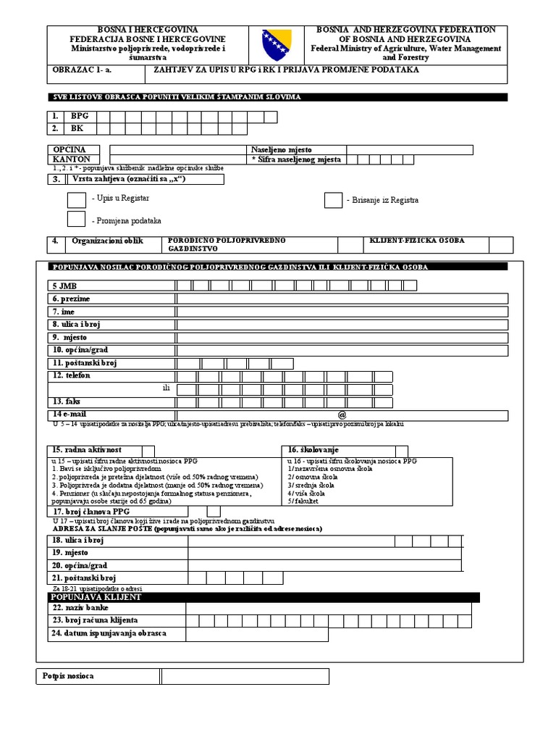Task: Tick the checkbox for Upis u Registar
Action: pyautogui.click(x=76, y=199)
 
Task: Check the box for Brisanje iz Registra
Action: pyautogui.click(x=333, y=200)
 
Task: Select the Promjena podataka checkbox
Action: pyautogui.click(x=76, y=219)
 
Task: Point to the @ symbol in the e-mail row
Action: pyautogui.click(x=342, y=414)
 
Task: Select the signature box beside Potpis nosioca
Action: pyautogui.click(x=245, y=676)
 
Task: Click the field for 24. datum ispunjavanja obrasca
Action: pyautogui.click(x=256, y=634)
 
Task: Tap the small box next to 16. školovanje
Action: pyautogui.click(x=401, y=451)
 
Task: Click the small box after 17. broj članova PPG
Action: pyautogui.click(x=214, y=512)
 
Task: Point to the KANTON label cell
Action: pyautogui.click(x=71, y=159)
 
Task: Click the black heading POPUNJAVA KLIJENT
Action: pyautogui.click(x=96, y=597)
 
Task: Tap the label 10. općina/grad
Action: pyautogui.click(x=80, y=350)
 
